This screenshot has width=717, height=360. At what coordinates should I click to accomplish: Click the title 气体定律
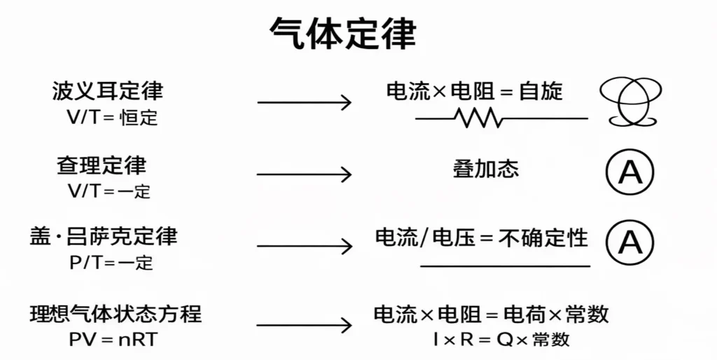pyautogui.click(x=342, y=34)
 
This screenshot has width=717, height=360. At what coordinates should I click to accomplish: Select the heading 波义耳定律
pyautogui.click(x=107, y=91)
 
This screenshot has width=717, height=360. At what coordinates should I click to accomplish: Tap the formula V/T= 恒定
pyautogui.click(x=112, y=118)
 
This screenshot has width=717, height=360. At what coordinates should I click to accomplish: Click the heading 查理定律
pyautogui.click(x=102, y=165)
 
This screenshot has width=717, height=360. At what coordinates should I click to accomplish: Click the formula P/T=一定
pyautogui.click(x=111, y=263)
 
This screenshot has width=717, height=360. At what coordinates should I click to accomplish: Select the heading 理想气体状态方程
pyautogui.click(x=116, y=312)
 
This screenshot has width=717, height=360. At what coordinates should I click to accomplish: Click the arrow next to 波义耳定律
pyautogui.click(x=304, y=103)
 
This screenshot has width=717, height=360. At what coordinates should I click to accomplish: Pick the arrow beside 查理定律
pyautogui.click(x=304, y=174)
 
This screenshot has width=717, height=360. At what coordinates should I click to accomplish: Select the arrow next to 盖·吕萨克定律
pyautogui.click(x=304, y=246)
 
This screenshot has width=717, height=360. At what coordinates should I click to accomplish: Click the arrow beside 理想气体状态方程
pyautogui.click(x=304, y=325)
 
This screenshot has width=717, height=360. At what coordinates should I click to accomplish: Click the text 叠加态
pyautogui.click(x=486, y=169)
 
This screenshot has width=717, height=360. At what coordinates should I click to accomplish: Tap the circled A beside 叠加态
pyautogui.click(x=629, y=172)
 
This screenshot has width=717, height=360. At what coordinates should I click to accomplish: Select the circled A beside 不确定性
pyautogui.click(x=629, y=242)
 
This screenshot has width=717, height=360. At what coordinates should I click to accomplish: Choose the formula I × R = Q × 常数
pyautogui.click(x=501, y=340)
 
